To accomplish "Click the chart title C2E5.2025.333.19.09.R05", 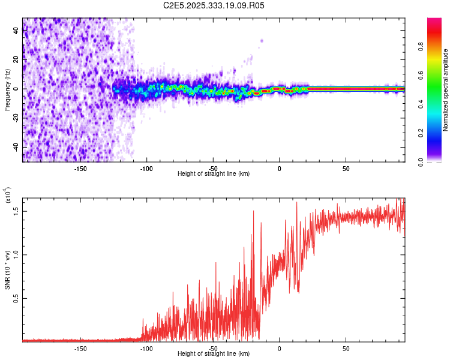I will click(x=214, y=5).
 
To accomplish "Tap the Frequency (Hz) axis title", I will click(x=7, y=90).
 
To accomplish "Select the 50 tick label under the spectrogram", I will click(x=346, y=168).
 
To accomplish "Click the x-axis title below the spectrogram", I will click(x=214, y=174).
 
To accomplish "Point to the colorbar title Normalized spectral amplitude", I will click(x=446, y=90).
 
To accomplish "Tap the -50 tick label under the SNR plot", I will click(x=213, y=348).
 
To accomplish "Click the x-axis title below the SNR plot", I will click(x=214, y=354).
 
